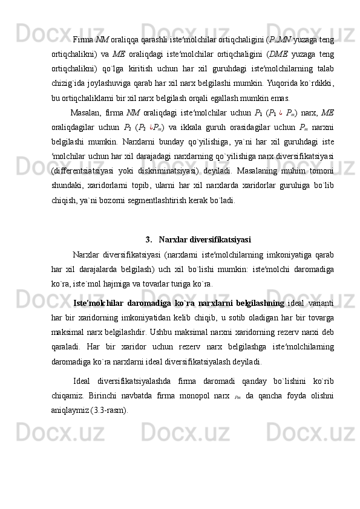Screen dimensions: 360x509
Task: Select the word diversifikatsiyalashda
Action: [144, 381]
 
